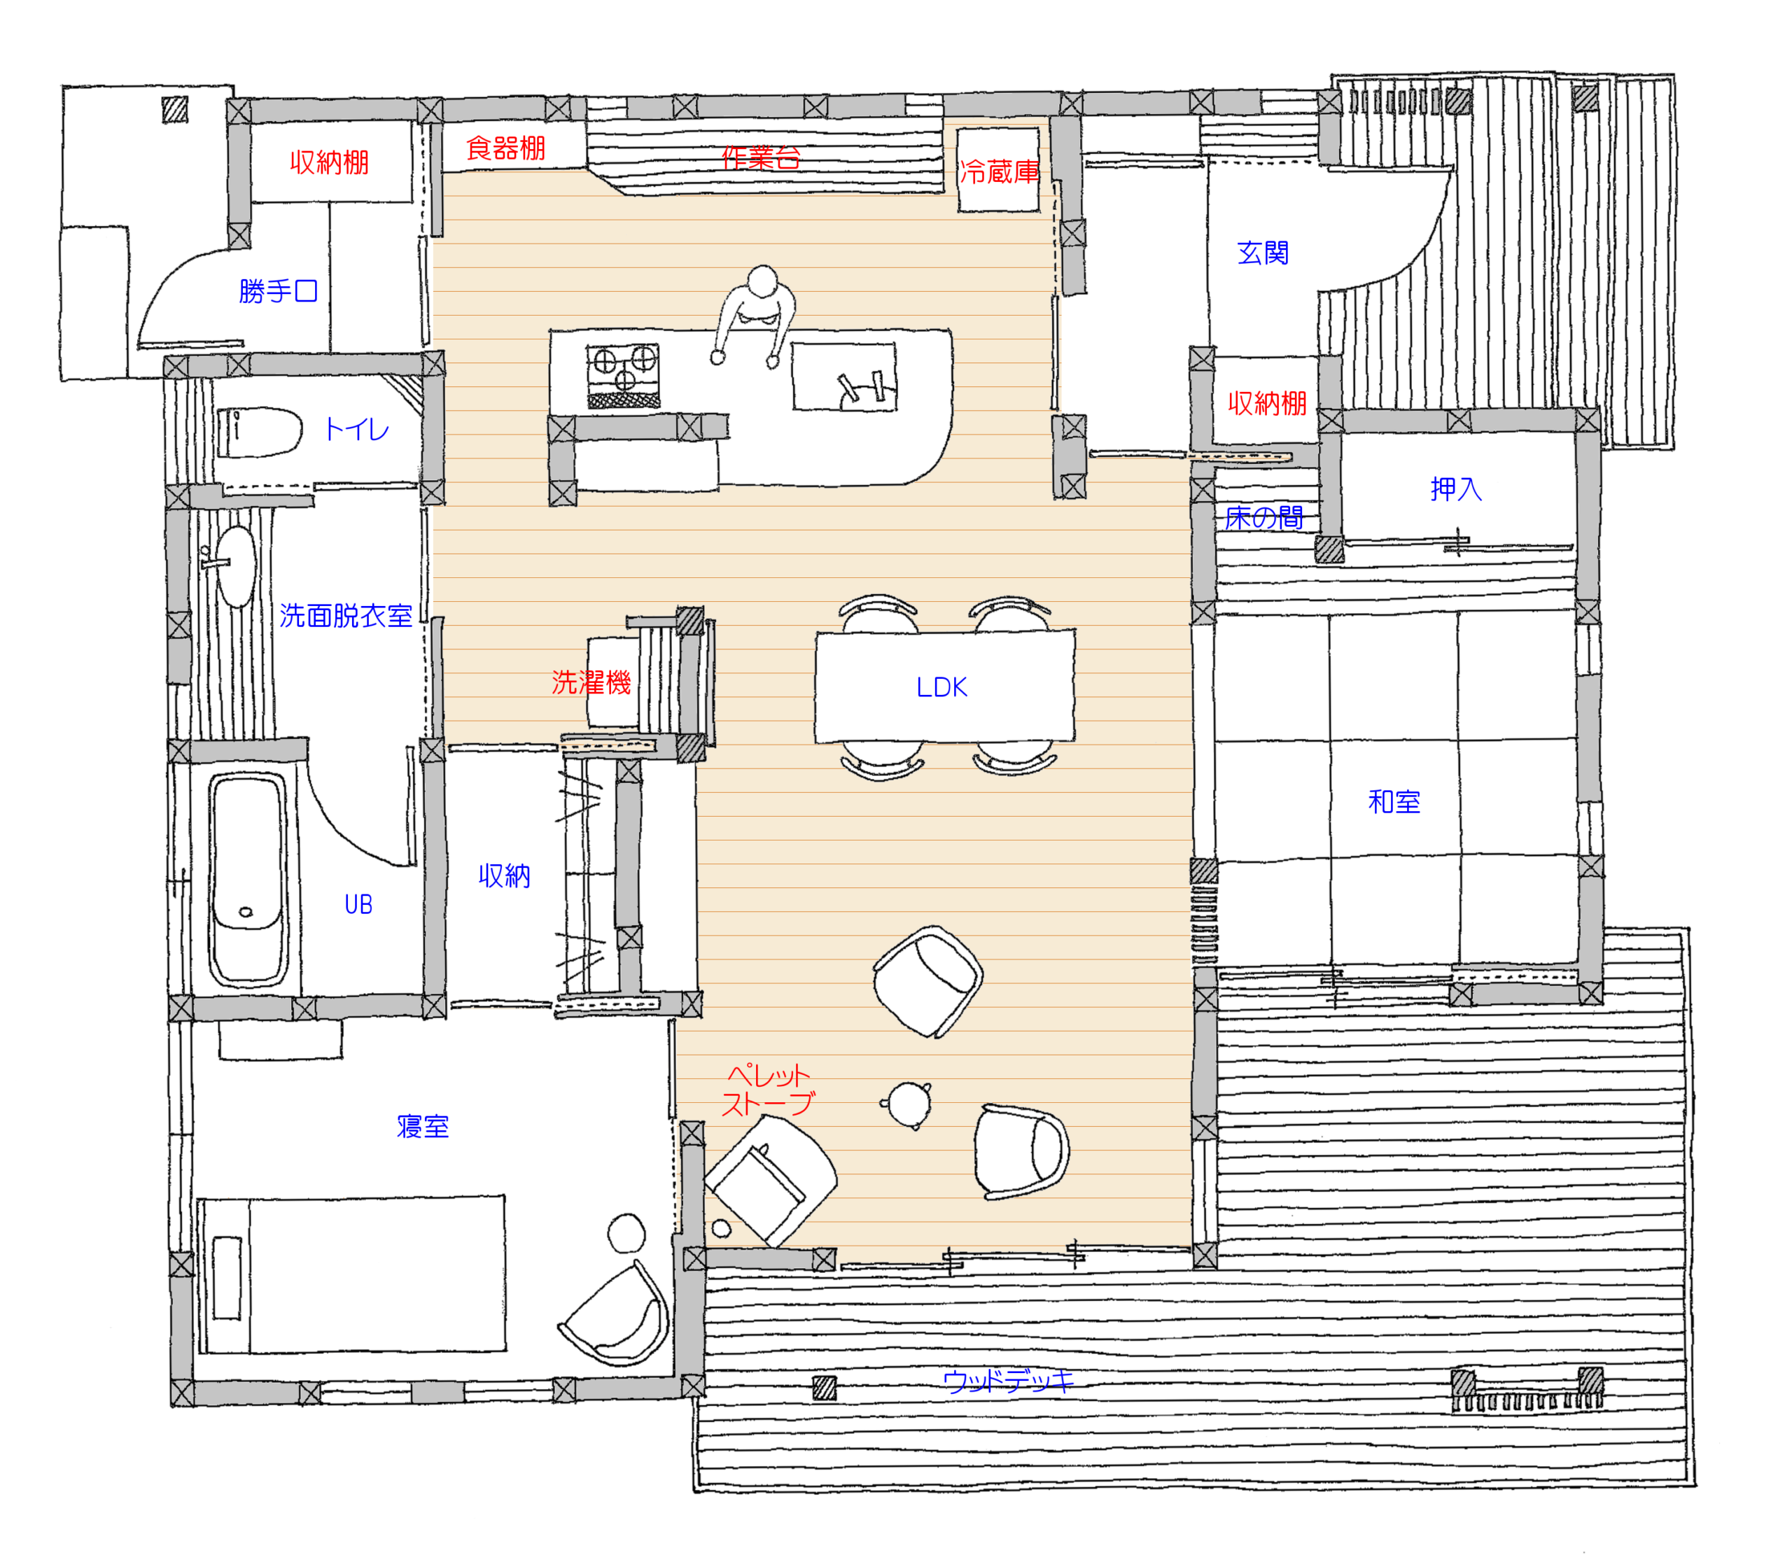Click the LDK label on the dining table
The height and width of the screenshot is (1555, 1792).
click(941, 687)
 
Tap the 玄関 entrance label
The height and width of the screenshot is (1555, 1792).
click(1263, 253)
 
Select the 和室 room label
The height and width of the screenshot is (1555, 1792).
click(1394, 801)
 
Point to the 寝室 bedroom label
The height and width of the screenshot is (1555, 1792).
click(423, 1126)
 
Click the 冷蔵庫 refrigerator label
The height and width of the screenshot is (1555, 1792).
click(999, 172)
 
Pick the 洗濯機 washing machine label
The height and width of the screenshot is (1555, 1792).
click(591, 682)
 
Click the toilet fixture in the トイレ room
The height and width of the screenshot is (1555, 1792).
click(258, 431)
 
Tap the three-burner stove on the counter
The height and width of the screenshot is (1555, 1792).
click(623, 376)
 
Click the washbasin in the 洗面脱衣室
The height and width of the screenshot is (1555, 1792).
click(235, 565)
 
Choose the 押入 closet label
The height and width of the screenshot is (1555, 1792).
click(1456, 489)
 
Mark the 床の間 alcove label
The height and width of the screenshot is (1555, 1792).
click(1263, 518)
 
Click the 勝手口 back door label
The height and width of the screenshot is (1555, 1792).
click(278, 290)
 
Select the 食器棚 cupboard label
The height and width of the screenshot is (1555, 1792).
click(506, 148)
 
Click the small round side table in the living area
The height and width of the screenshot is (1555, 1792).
click(908, 1104)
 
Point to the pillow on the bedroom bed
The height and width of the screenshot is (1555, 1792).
click(227, 1277)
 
